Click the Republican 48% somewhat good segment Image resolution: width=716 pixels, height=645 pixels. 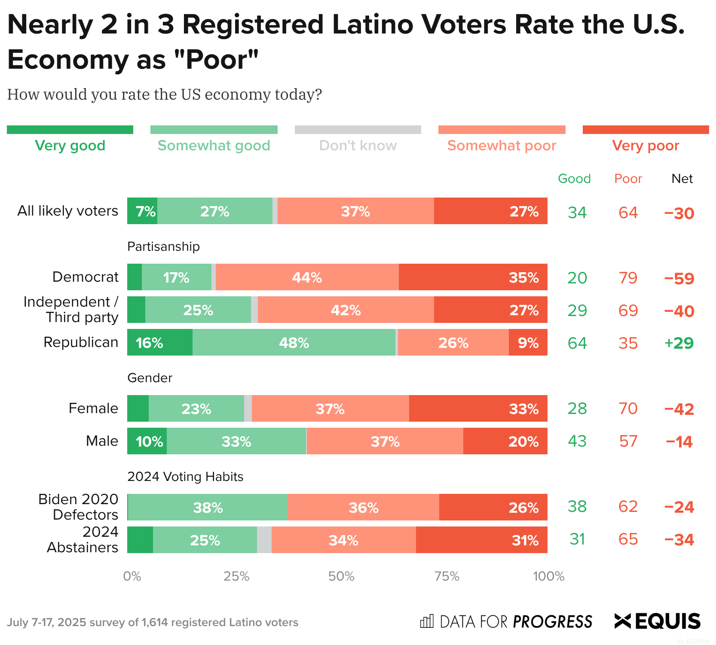click(294, 342)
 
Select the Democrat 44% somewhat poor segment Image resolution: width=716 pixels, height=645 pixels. click(307, 277)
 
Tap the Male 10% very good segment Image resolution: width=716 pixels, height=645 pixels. click(147, 441)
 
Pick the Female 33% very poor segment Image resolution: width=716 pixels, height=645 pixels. click(478, 408)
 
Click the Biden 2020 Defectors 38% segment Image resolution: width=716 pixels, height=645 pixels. click(208, 507)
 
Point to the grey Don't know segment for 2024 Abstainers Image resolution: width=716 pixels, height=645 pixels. click(264, 540)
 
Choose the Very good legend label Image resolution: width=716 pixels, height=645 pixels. click(70, 146)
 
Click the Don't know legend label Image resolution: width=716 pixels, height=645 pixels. click(358, 146)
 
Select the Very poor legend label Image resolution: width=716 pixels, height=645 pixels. click(646, 146)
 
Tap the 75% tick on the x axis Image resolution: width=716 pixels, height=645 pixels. click(447, 576)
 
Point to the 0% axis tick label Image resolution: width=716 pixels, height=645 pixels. click(132, 576)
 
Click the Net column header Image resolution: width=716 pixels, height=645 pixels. click(682, 179)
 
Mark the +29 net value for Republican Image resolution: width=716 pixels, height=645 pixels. click(679, 343)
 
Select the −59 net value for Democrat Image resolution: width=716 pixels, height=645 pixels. click(679, 278)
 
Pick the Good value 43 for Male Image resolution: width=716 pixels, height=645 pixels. click(577, 441)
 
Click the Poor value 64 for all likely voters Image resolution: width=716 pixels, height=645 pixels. click(628, 213)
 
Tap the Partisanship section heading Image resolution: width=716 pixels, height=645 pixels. click(164, 246)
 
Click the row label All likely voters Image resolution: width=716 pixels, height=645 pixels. click(67, 211)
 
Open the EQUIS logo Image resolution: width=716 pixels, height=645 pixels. click(658, 621)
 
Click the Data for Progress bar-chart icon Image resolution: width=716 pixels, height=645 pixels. click(427, 621)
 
